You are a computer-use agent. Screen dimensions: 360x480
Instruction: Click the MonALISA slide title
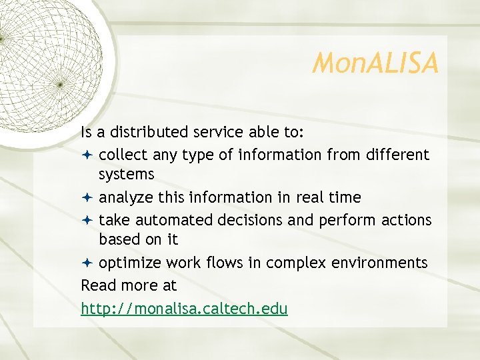pyautogui.click(x=375, y=64)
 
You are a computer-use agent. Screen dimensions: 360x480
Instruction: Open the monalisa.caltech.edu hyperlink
pyautogui.click(x=184, y=309)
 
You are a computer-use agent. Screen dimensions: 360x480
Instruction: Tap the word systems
pyautogui.click(x=127, y=175)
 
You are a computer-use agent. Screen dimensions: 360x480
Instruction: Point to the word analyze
pyautogui.click(x=125, y=198)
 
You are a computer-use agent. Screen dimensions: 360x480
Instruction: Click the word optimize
pyautogui.click(x=128, y=263)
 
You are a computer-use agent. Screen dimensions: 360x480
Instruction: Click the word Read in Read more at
pyautogui.click(x=99, y=285)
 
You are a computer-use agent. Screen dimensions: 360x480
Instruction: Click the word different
pyautogui.click(x=397, y=155)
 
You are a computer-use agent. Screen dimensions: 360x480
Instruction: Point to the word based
pyautogui.click(x=119, y=239)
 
